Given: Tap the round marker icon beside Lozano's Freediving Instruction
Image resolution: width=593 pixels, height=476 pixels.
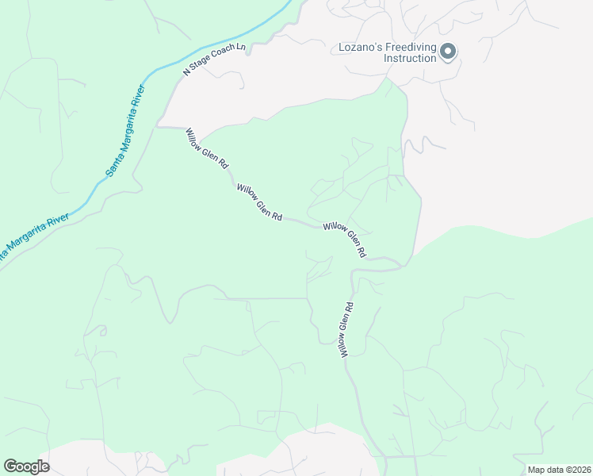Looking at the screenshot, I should [448, 52].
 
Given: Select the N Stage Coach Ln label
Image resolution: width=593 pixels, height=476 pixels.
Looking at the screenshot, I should [215, 59].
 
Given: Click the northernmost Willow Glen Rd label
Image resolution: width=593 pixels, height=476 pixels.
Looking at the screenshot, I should [207, 148].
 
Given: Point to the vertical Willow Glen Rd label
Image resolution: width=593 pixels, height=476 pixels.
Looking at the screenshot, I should [346, 329].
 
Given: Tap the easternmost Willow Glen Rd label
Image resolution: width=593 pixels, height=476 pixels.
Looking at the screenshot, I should [345, 240].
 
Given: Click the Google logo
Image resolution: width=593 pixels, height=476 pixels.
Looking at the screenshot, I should [26, 466].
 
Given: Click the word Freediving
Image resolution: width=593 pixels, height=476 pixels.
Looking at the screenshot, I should [409, 47].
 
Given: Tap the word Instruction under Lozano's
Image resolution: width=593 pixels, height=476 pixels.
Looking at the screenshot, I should [410, 59].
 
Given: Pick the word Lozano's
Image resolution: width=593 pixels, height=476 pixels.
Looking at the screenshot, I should [356, 47].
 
